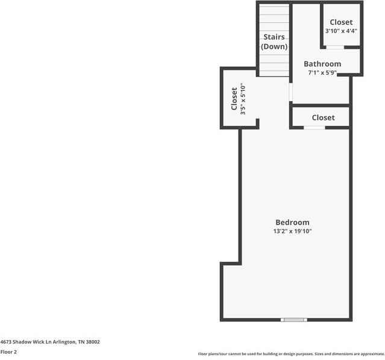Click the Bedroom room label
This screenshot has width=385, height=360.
(292, 222)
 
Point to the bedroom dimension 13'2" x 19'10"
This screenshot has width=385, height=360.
(292, 231)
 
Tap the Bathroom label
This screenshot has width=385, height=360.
(322, 64)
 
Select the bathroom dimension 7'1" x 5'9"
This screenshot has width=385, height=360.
(322, 73)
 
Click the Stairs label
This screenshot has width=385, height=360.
(274, 37)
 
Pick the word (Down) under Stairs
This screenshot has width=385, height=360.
(274, 46)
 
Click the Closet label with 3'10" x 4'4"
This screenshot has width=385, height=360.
(341, 22)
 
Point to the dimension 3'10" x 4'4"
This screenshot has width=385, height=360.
(341, 31)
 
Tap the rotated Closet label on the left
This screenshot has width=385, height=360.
(234, 99)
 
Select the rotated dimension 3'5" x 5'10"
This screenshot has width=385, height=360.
(243, 99)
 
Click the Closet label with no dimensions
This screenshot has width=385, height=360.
(323, 117)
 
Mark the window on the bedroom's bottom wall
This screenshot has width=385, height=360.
(294, 320)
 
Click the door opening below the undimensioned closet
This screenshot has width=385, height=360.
(314, 128)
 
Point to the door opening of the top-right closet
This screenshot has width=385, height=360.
(335, 47)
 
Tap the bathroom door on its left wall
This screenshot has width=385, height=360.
(290, 92)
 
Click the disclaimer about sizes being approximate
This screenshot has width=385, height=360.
(291, 354)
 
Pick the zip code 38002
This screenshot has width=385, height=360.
(93, 341)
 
